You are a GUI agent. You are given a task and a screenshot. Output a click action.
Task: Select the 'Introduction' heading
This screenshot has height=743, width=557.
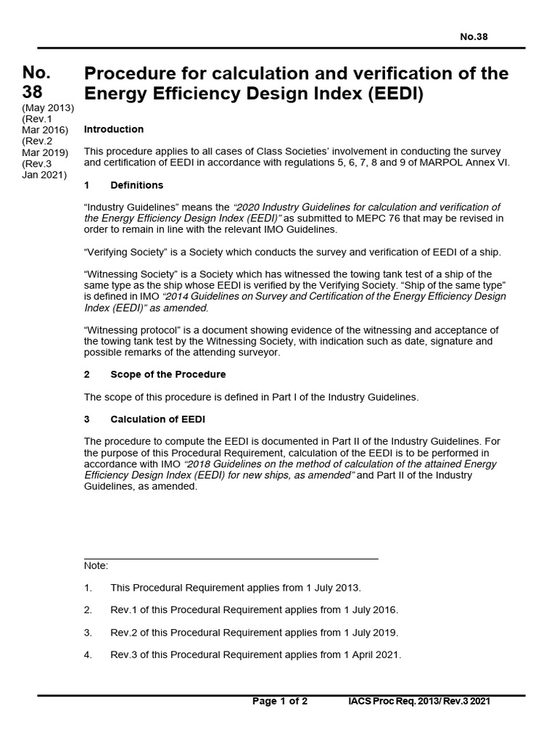pos(114,129)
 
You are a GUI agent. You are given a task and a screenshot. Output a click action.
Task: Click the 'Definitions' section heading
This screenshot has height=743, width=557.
pos(136,185)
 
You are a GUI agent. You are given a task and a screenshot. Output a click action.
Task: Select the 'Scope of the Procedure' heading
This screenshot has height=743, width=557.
pos(168,374)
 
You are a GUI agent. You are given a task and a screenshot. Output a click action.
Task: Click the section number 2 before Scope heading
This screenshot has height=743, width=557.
pos(87,374)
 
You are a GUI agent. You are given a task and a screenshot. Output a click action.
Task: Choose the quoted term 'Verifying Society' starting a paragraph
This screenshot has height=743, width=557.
pos(126,252)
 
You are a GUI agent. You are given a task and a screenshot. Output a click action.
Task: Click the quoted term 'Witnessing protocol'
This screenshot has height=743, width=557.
pos(133,330)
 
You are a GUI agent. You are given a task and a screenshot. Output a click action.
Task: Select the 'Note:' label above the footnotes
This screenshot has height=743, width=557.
pos(96,565)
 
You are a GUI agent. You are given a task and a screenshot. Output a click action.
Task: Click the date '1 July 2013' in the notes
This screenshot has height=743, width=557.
pos(333,588)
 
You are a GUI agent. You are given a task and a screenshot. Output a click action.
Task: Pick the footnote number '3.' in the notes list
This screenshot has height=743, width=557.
pos(88,632)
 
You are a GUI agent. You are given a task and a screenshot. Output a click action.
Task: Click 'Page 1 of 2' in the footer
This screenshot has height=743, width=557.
pos(280,701)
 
